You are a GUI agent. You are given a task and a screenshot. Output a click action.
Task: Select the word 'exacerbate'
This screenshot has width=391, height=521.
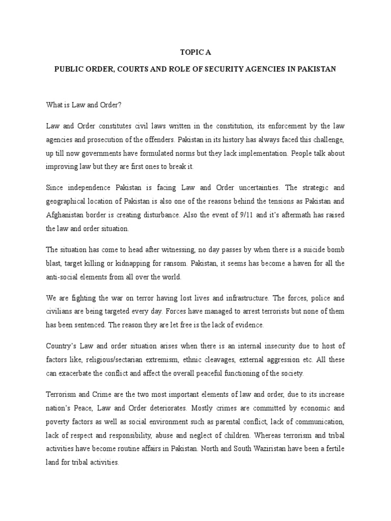tap(80, 373)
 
